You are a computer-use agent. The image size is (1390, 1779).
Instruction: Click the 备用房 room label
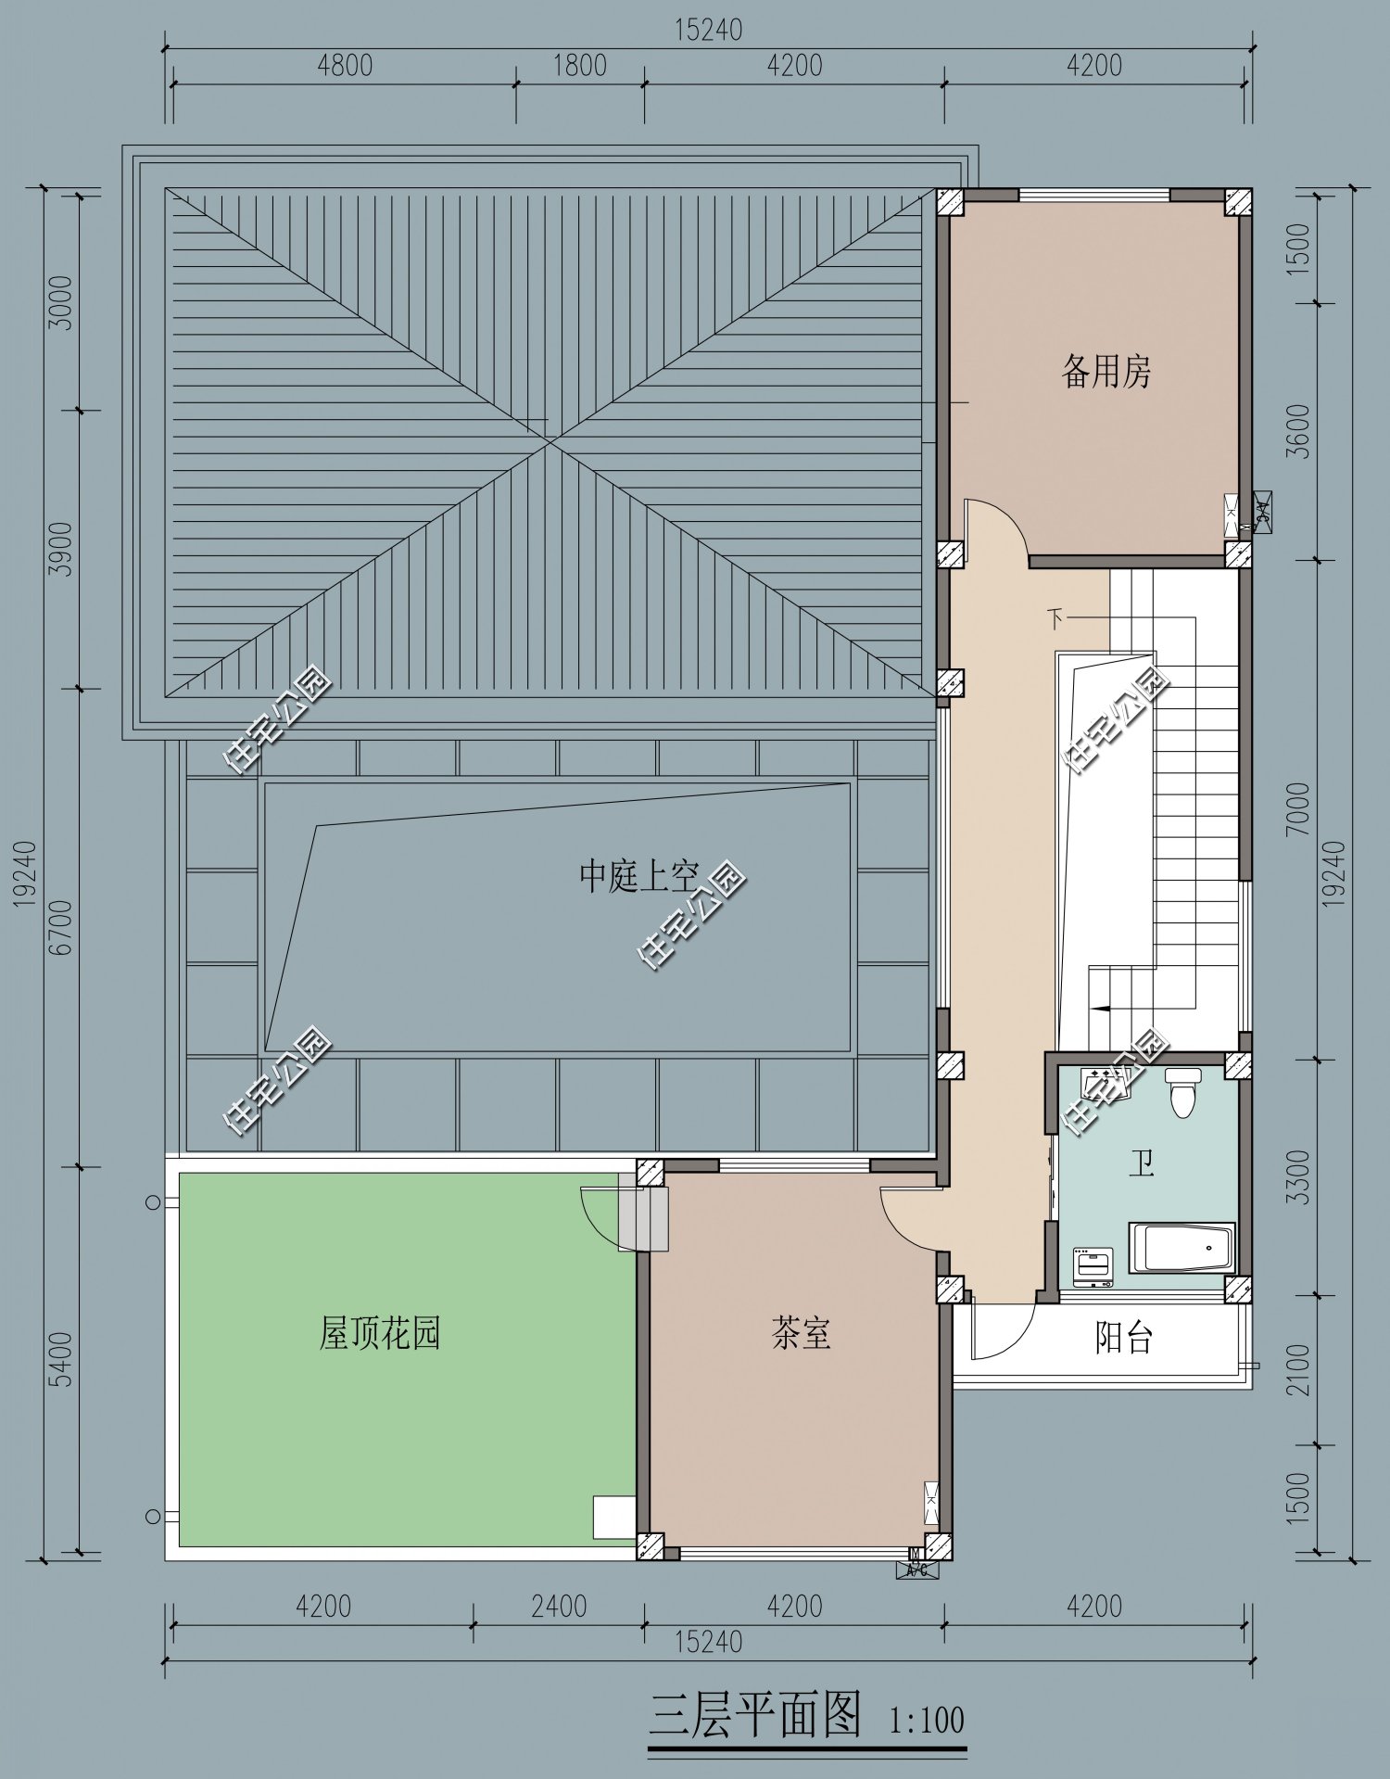tap(1106, 372)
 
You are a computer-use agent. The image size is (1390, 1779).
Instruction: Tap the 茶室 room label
tap(801, 1333)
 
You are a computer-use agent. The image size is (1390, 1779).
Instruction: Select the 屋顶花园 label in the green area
tap(379, 1333)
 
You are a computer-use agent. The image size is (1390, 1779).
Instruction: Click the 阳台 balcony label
tap(1123, 1337)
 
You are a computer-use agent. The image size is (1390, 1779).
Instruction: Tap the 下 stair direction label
tap(1055, 618)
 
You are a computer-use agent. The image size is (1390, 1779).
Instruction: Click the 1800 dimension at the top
tap(579, 66)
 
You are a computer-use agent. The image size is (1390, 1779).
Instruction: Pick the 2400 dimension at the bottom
tap(559, 1606)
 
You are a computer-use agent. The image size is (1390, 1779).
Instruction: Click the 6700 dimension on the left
tap(61, 927)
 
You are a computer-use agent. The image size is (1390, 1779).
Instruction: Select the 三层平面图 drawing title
tap(755, 1714)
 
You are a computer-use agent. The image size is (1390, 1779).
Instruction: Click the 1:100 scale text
tap(927, 1721)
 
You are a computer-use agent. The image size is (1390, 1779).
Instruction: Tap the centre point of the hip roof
tap(550, 442)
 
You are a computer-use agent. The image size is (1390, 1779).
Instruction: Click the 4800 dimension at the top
tap(344, 66)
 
